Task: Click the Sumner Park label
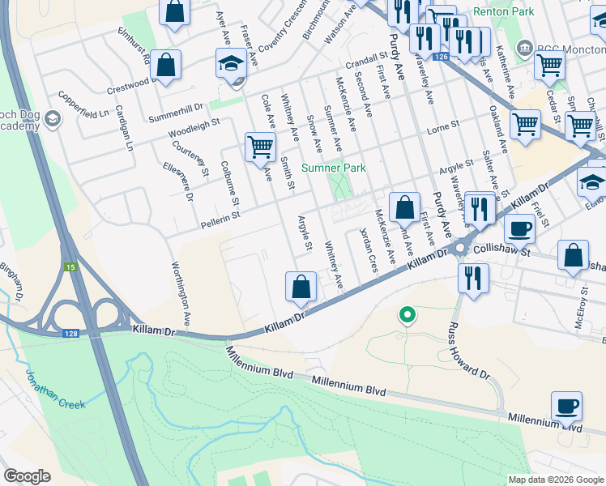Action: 334,168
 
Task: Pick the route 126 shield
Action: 440,57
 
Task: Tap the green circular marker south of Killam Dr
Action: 408,313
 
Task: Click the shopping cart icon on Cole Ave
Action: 260,147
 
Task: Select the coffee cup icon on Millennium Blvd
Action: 566,406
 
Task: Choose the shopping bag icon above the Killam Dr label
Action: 301,286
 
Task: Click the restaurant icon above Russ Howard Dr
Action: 471,277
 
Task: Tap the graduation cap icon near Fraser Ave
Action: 230,62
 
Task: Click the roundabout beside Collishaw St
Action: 462,249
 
